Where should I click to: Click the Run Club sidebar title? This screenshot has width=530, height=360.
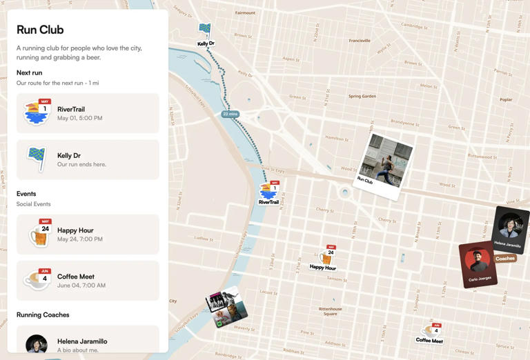40,30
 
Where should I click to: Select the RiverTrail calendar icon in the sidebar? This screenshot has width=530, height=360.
37,112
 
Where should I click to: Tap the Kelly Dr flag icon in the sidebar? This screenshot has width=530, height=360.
36,159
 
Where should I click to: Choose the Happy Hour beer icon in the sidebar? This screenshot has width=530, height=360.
39,234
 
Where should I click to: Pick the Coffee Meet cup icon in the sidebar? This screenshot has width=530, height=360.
37,280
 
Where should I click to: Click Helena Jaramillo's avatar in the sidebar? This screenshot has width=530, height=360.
37,343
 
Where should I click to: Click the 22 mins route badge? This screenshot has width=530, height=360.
230,114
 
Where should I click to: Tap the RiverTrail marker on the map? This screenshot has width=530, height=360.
269,192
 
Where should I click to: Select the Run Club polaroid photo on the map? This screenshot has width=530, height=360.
386,165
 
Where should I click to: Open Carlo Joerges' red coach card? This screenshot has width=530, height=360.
478,263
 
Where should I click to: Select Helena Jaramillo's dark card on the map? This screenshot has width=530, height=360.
510,229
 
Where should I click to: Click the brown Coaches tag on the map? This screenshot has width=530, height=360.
505,259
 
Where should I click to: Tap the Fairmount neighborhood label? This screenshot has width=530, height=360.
245,13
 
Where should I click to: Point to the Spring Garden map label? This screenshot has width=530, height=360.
362,97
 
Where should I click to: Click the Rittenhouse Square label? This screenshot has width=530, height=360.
331,311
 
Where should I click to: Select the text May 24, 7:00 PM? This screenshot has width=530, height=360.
80,239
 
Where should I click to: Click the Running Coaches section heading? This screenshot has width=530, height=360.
43,314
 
